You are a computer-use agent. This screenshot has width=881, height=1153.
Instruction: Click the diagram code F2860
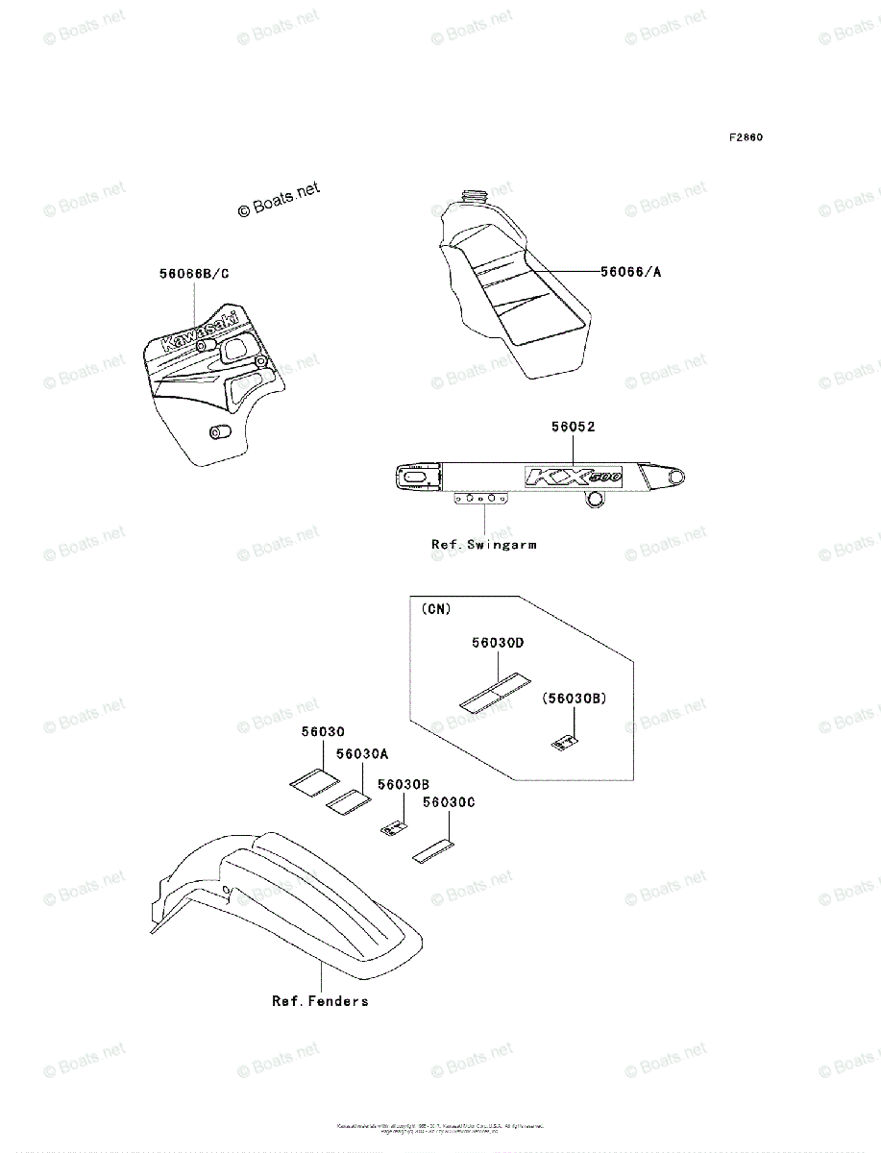[745, 137]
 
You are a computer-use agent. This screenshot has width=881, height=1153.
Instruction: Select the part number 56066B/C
[194, 274]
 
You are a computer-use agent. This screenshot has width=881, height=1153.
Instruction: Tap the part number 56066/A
[631, 272]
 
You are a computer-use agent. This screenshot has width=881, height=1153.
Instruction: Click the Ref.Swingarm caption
[484, 544]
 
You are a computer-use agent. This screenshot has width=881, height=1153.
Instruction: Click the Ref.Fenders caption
[320, 1001]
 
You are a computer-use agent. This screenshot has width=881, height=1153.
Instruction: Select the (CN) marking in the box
[435, 609]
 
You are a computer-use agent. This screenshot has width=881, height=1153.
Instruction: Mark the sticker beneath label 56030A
[349, 800]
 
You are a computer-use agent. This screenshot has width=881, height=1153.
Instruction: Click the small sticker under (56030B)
[566, 741]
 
